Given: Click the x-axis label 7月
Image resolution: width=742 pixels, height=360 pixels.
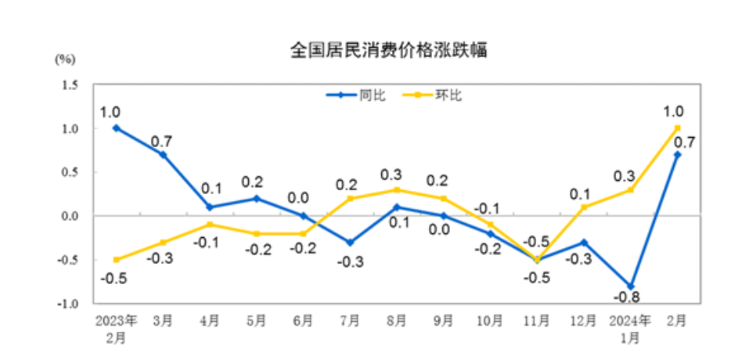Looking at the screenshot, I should [350, 322].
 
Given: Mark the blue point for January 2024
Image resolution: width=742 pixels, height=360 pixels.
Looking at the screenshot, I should [630, 286].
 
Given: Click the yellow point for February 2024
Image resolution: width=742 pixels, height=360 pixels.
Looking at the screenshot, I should [677, 128].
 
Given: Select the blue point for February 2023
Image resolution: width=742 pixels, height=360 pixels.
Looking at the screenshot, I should [117, 128].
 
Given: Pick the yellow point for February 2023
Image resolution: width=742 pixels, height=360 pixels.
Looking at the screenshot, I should [117, 260].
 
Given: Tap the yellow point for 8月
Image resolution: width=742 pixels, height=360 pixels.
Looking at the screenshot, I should [397, 189].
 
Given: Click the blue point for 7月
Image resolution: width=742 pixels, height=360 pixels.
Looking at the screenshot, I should [350, 242].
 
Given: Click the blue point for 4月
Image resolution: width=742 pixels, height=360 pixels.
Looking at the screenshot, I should [210, 207].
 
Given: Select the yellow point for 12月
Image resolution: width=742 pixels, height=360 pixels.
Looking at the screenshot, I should [583, 207].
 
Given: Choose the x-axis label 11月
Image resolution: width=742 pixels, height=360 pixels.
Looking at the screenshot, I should [537, 322].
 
